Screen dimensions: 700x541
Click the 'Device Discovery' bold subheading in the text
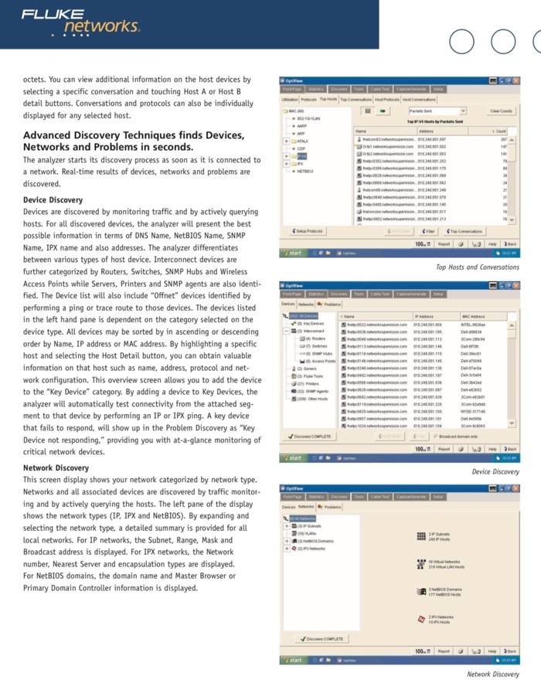53,200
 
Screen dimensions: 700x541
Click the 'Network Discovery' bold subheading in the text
56,467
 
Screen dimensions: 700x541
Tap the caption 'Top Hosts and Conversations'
478,267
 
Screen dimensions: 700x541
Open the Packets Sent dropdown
437,111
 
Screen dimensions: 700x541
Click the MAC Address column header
472,317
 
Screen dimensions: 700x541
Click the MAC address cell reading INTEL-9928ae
473,325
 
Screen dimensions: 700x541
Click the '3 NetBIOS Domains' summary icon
421,593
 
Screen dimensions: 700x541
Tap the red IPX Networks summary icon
421,619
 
